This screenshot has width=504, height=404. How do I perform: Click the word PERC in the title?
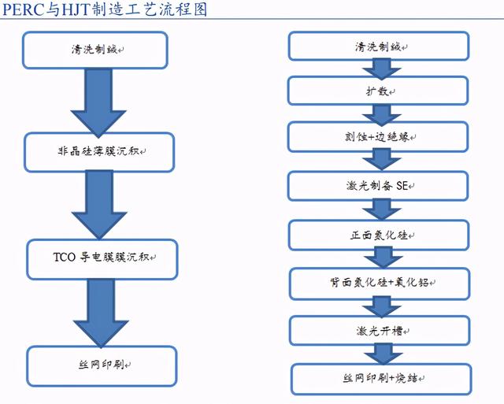23,9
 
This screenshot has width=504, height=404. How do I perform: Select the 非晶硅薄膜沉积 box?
99,152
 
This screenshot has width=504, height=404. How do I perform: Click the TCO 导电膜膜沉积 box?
102,259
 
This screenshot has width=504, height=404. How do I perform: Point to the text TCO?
65,257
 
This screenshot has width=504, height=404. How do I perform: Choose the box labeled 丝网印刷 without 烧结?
102,365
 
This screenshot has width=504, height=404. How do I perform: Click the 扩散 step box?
378,91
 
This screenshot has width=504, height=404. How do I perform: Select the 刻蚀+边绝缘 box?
378,136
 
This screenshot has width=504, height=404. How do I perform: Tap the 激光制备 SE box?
378,186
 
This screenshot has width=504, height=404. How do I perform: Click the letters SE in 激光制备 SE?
402,185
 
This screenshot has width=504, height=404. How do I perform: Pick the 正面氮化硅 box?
380,235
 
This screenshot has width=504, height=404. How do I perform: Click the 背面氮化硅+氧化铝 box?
380,284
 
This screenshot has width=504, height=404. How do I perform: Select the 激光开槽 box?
380,331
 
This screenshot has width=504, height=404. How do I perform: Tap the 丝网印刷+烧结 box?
381,380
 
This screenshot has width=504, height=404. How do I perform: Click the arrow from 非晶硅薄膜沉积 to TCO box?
99,205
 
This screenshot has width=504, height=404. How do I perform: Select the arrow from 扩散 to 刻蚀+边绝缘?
382,115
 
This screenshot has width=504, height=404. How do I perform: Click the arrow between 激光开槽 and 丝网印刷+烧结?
384,354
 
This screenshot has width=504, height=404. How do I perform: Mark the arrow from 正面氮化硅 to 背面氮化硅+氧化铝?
384,257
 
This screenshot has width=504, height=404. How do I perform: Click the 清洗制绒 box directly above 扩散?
379,46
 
